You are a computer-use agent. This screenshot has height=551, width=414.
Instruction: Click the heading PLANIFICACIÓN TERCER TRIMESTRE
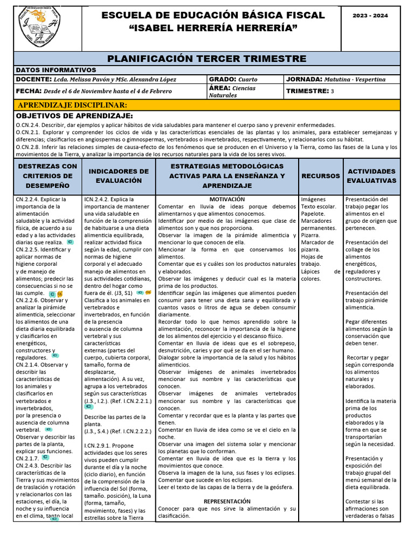pyautogui.click(x=207, y=59)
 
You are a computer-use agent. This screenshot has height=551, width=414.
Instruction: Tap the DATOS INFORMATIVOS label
pyautogui.click(x=56, y=70)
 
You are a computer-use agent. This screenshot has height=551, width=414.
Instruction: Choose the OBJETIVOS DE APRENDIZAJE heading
pyautogui.click(x=74, y=116)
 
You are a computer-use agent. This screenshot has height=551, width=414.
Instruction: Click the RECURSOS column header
pyautogui.click(x=321, y=176)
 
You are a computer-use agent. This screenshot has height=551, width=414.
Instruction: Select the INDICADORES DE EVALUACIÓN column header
pyautogui.click(x=119, y=176)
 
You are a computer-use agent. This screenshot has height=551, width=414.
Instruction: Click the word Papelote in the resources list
pyautogui.click(x=313, y=214)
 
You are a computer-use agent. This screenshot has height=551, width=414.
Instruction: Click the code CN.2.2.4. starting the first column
pyautogui.click(x=30, y=199)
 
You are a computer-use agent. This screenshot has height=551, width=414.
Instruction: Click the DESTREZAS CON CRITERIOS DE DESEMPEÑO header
pyautogui.click(x=47, y=176)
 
